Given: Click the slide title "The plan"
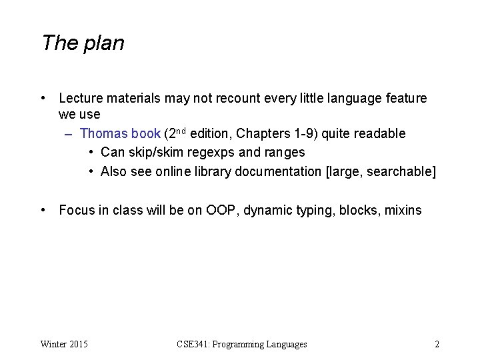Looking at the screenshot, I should pos(83,43).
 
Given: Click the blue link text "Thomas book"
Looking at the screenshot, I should pos(120,134).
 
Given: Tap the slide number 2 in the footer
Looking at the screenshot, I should pos(437,345).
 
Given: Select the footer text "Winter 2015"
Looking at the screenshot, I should pos(64,345).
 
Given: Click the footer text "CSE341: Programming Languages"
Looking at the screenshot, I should pos(242,345).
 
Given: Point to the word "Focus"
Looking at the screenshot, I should pos(77,211).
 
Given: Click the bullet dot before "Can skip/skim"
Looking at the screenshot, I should pos(91,153).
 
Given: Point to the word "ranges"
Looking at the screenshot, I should pos(285,153).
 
